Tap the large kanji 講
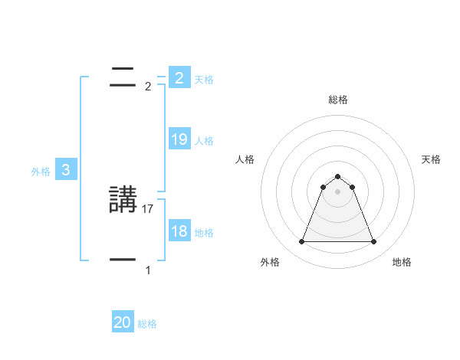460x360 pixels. (123, 201)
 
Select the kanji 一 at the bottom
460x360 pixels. (123, 260)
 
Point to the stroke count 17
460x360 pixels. (149, 208)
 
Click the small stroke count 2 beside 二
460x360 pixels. (148, 86)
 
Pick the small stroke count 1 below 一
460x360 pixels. (148, 270)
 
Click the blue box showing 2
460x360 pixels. (179, 78)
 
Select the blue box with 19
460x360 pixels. (179, 139)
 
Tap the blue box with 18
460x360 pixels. (179, 231)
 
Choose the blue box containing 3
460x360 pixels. (66, 170)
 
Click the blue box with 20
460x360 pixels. (123, 323)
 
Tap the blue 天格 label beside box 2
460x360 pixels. (204, 79)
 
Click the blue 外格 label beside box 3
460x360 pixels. (41, 172)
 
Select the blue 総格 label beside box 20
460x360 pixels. (147, 324)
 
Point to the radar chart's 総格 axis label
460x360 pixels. (338, 100)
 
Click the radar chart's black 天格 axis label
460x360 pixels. (432, 159)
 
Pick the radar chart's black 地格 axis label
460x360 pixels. (402, 262)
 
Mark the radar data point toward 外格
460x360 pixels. (302, 242)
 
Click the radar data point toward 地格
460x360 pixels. (373, 242)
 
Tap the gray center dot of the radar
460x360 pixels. (338, 191)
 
